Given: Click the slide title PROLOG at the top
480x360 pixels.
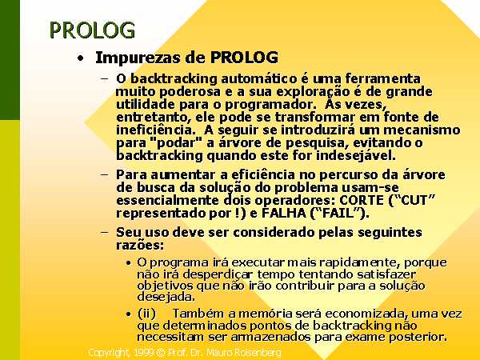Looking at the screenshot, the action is [x=92, y=30].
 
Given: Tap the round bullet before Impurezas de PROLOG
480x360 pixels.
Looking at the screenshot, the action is [x=80, y=58].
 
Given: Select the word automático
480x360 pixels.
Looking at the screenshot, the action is [x=258, y=78].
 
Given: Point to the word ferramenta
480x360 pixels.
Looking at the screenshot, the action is [x=382, y=78].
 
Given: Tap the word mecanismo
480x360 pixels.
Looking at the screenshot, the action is [x=422, y=130].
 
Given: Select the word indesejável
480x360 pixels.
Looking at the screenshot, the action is [x=356, y=155].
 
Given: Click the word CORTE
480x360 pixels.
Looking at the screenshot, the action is [x=362, y=201].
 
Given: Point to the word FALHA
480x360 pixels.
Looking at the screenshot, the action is [x=284, y=214].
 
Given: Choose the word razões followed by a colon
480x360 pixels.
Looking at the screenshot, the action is [x=140, y=246].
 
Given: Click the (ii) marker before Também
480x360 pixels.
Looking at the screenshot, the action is [x=146, y=314].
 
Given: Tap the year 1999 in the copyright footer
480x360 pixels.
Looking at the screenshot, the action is [x=143, y=353].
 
